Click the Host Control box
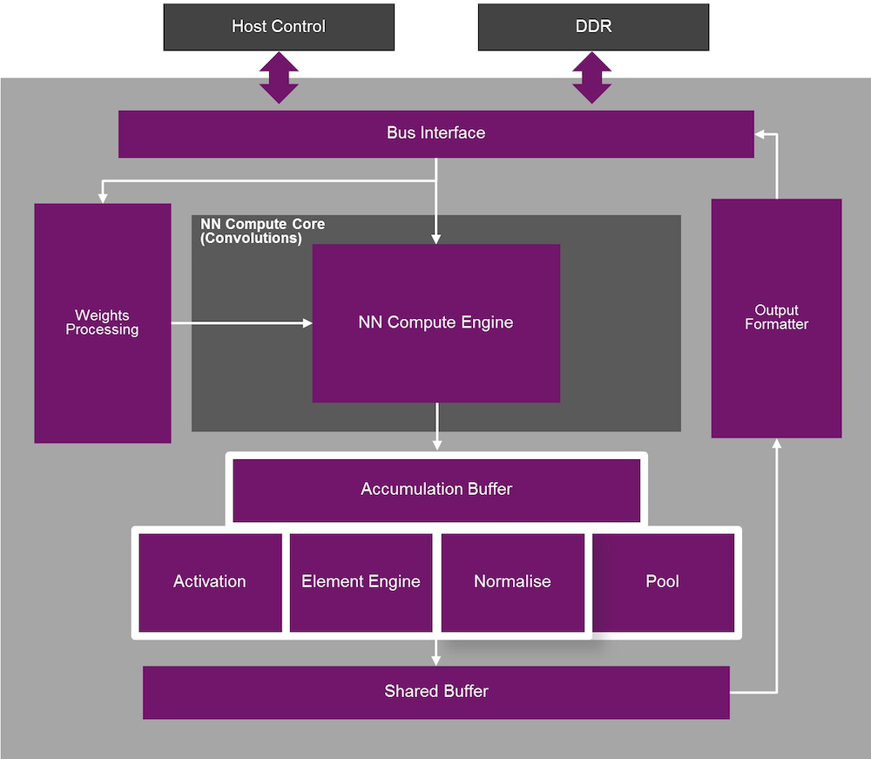click(279, 26)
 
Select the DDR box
click(593, 26)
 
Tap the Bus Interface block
click(435, 133)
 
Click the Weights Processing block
click(102, 322)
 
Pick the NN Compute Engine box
click(435, 322)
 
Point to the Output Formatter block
click(776, 317)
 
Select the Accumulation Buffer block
click(435, 489)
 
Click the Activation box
click(210, 581)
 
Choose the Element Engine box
click(361, 581)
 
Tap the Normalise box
click(512, 581)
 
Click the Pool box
click(663, 581)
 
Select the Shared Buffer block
click(435, 692)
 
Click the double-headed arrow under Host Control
click(279, 78)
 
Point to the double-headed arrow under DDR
click(592, 78)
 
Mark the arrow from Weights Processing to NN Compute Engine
click(241, 323)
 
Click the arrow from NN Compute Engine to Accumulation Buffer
click(436, 427)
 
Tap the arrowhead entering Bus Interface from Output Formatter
click(760, 135)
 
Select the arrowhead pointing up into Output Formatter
click(777, 444)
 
